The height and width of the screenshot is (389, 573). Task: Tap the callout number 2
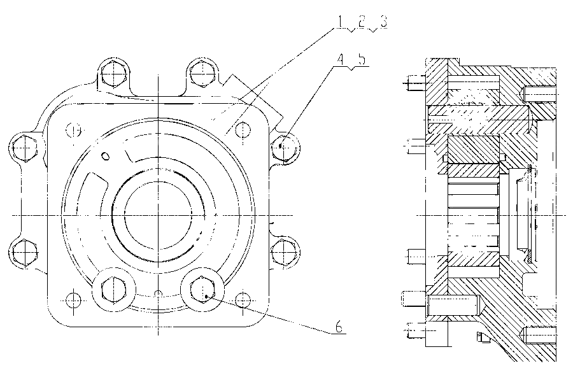pyautogui.click(x=362, y=22)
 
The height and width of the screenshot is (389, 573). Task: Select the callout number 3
pyautogui.click(x=383, y=22)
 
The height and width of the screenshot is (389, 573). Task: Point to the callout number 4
pyautogui.click(x=340, y=60)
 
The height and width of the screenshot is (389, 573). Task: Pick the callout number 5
pyautogui.click(x=362, y=60)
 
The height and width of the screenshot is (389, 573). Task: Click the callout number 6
pyautogui.click(x=339, y=326)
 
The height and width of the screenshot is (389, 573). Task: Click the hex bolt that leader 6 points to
pyautogui.click(x=202, y=289)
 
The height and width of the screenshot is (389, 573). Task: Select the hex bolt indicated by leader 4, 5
pyautogui.click(x=285, y=148)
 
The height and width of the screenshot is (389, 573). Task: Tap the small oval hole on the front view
pyautogui.click(x=105, y=156)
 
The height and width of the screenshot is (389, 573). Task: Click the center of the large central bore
pyautogui.click(x=159, y=215)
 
